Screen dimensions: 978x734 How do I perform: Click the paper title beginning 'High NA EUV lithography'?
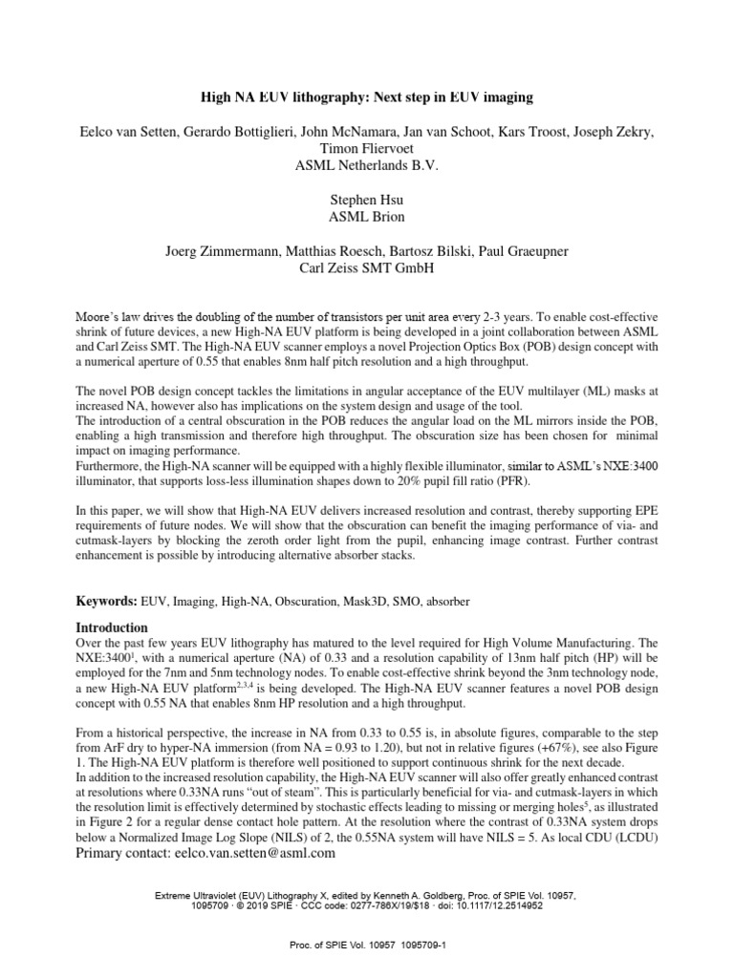click(x=366, y=96)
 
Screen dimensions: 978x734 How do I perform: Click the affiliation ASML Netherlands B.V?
click(x=366, y=165)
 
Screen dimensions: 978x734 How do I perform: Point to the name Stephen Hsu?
click(x=366, y=200)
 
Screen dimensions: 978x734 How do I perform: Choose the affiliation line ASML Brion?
click(x=366, y=217)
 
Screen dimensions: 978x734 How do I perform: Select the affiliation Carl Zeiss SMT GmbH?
click(x=366, y=268)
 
